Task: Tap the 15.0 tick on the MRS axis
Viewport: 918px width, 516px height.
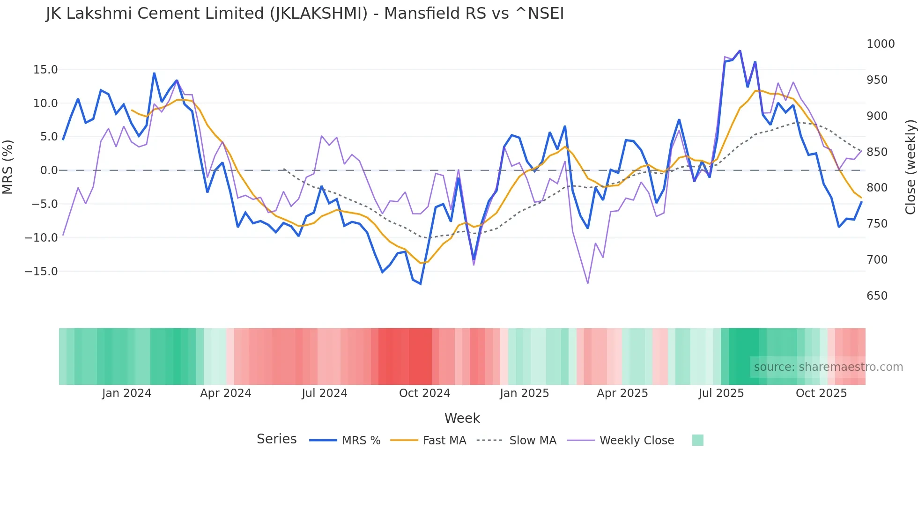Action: coord(45,70)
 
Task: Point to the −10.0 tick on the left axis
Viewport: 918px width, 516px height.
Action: coord(42,238)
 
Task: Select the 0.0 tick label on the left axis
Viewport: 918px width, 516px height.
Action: coord(49,170)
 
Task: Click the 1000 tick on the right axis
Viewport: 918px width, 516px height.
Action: coord(881,44)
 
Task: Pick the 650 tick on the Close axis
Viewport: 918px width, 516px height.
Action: coord(877,296)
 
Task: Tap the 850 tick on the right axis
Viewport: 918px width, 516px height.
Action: coord(877,152)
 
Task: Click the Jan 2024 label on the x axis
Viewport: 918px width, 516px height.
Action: coord(126,393)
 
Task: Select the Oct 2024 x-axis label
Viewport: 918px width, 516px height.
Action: coord(424,393)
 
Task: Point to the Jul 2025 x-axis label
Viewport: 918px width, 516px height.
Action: coord(721,393)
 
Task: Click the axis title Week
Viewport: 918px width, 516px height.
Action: coord(462,418)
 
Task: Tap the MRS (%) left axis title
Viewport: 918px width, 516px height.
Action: coord(8,167)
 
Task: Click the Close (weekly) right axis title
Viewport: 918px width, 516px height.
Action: coord(910,167)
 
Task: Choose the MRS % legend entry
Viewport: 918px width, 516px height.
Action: coord(361,441)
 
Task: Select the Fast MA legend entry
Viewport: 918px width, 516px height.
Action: coord(444,441)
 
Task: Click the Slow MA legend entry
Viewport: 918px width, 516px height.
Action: coord(533,441)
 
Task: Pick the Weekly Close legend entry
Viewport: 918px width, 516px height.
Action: coord(637,441)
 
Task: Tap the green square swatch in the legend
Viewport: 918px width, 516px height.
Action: coord(697,440)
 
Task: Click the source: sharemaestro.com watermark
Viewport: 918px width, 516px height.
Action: coord(828,367)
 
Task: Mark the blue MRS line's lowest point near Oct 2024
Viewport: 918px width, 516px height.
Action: coord(421,284)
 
